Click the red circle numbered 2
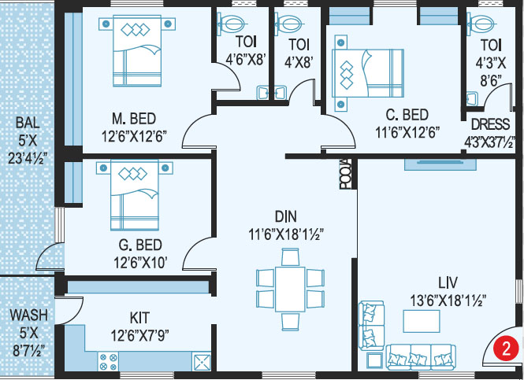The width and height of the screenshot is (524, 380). pyautogui.click(x=507, y=349)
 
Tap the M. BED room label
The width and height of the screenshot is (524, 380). pyautogui.click(x=134, y=119)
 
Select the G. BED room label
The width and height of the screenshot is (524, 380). pyautogui.click(x=140, y=245)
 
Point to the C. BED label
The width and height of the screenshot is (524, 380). pyautogui.click(x=407, y=115)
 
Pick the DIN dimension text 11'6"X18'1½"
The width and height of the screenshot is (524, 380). pyautogui.click(x=286, y=234)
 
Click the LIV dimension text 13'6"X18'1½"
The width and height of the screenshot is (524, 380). pyautogui.click(x=448, y=301)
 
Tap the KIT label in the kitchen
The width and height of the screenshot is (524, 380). pyautogui.click(x=139, y=318)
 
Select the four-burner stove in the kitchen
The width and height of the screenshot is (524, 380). pyautogui.click(x=108, y=362)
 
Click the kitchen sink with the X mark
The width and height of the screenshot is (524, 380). pyautogui.click(x=201, y=362)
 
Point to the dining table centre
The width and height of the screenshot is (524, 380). pyautogui.click(x=290, y=289)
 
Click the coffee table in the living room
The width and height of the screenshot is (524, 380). pyautogui.click(x=422, y=321)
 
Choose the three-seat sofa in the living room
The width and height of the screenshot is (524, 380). pyautogui.click(x=421, y=357)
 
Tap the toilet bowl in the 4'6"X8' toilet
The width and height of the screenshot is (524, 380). pyautogui.click(x=232, y=24)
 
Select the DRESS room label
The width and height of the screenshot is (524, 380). pyautogui.click(x=490, y=124)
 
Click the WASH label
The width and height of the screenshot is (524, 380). pyautogui.click(x=28, y=315)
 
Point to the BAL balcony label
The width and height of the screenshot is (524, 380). pyautogui.click(x=28, y=123)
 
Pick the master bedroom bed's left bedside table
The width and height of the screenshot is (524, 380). pyautogui.click(x=106, y=24)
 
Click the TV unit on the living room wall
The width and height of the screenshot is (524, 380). pyautogui.click(x=440, y=164)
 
